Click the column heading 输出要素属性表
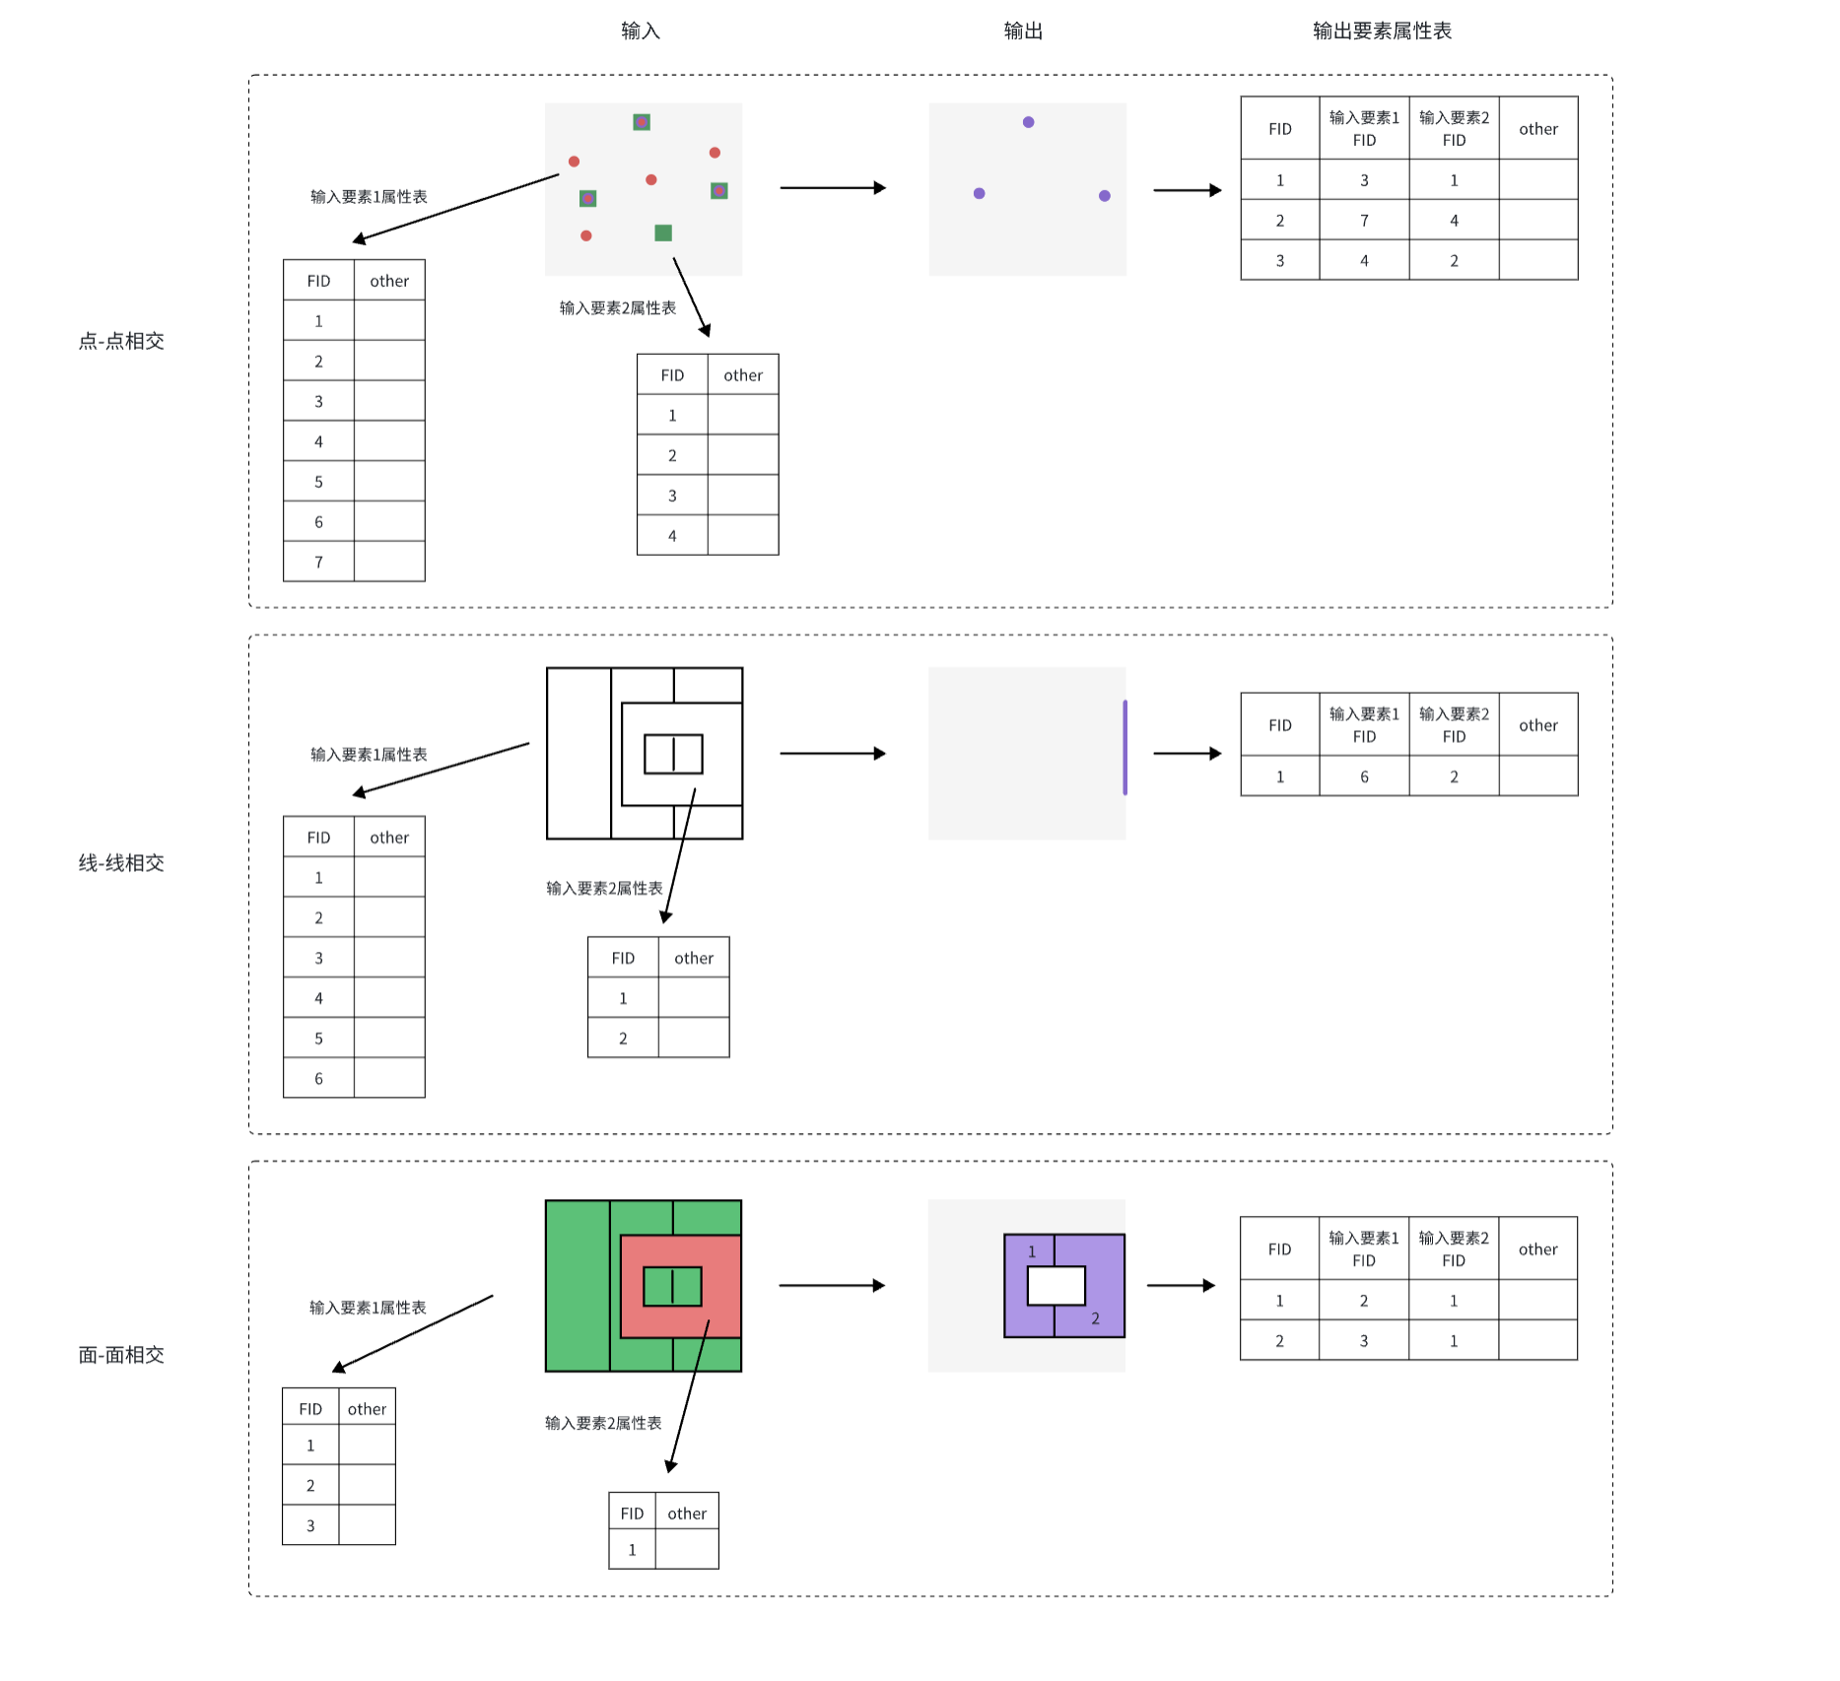coord(1381,32)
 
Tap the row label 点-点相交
coord(121,341)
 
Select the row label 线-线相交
coord(121,863)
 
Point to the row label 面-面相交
coord(121,1355)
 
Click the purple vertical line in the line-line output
coord(1124,748)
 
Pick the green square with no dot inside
coord(663,233)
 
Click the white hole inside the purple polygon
coord(1056,1286)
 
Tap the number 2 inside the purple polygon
coord(1095,1318)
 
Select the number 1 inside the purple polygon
coord(1032,1252)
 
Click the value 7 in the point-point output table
coord(1364,221)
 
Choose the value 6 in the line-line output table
coord(1364,777)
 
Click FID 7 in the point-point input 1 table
coord(318,563)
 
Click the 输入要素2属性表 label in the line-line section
coord(604,889)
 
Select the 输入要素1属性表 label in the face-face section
coord(368,1308)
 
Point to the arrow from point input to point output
coord(833,187)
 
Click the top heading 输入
coord(640,32)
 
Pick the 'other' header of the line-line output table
coord(1537,725)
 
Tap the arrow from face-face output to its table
coord(1181,1285)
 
